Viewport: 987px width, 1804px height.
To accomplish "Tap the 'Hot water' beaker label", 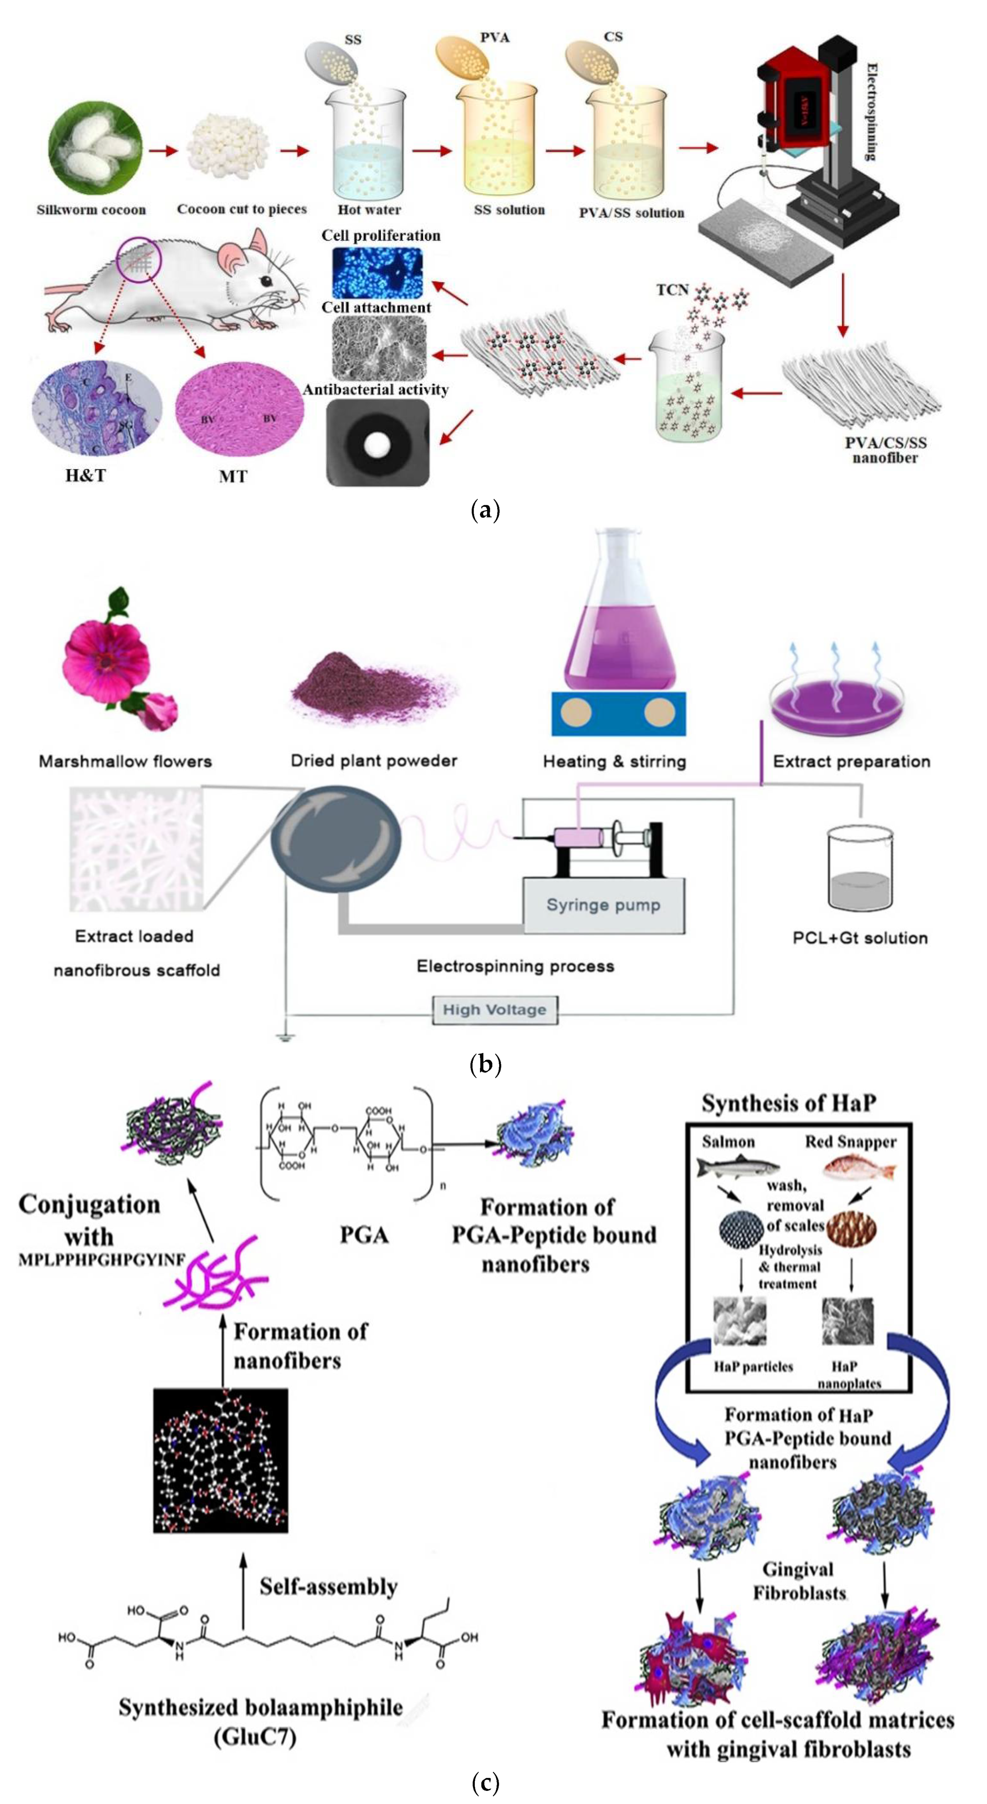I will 369,209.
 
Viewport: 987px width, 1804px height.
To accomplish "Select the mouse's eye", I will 267,281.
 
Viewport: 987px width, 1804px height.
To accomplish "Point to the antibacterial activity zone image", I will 377,443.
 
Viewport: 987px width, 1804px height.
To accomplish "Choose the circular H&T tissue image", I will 97,408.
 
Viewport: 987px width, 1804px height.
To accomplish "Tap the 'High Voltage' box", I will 495,1009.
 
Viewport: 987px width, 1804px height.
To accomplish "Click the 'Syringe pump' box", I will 603,905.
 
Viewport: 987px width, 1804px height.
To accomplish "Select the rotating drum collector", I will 336,838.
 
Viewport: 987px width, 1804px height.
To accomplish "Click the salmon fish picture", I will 737,1167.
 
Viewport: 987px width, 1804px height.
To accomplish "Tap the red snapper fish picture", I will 859,1168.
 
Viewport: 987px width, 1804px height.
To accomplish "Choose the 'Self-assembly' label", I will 328,1586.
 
